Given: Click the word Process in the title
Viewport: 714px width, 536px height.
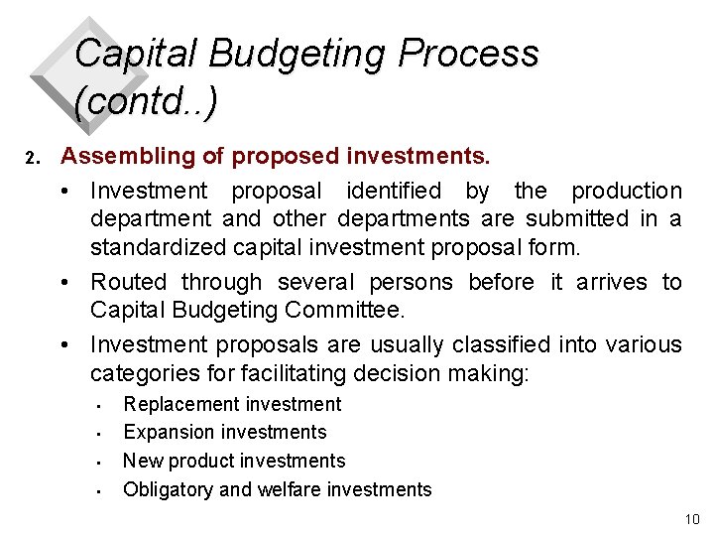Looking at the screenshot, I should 468,54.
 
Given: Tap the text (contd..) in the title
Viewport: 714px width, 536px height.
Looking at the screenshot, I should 146,100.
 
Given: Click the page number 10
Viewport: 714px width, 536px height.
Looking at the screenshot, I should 691,520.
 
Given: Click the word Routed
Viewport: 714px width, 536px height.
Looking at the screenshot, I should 125,283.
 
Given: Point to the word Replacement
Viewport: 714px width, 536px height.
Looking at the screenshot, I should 175,404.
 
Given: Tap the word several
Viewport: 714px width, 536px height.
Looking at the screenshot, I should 316,283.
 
